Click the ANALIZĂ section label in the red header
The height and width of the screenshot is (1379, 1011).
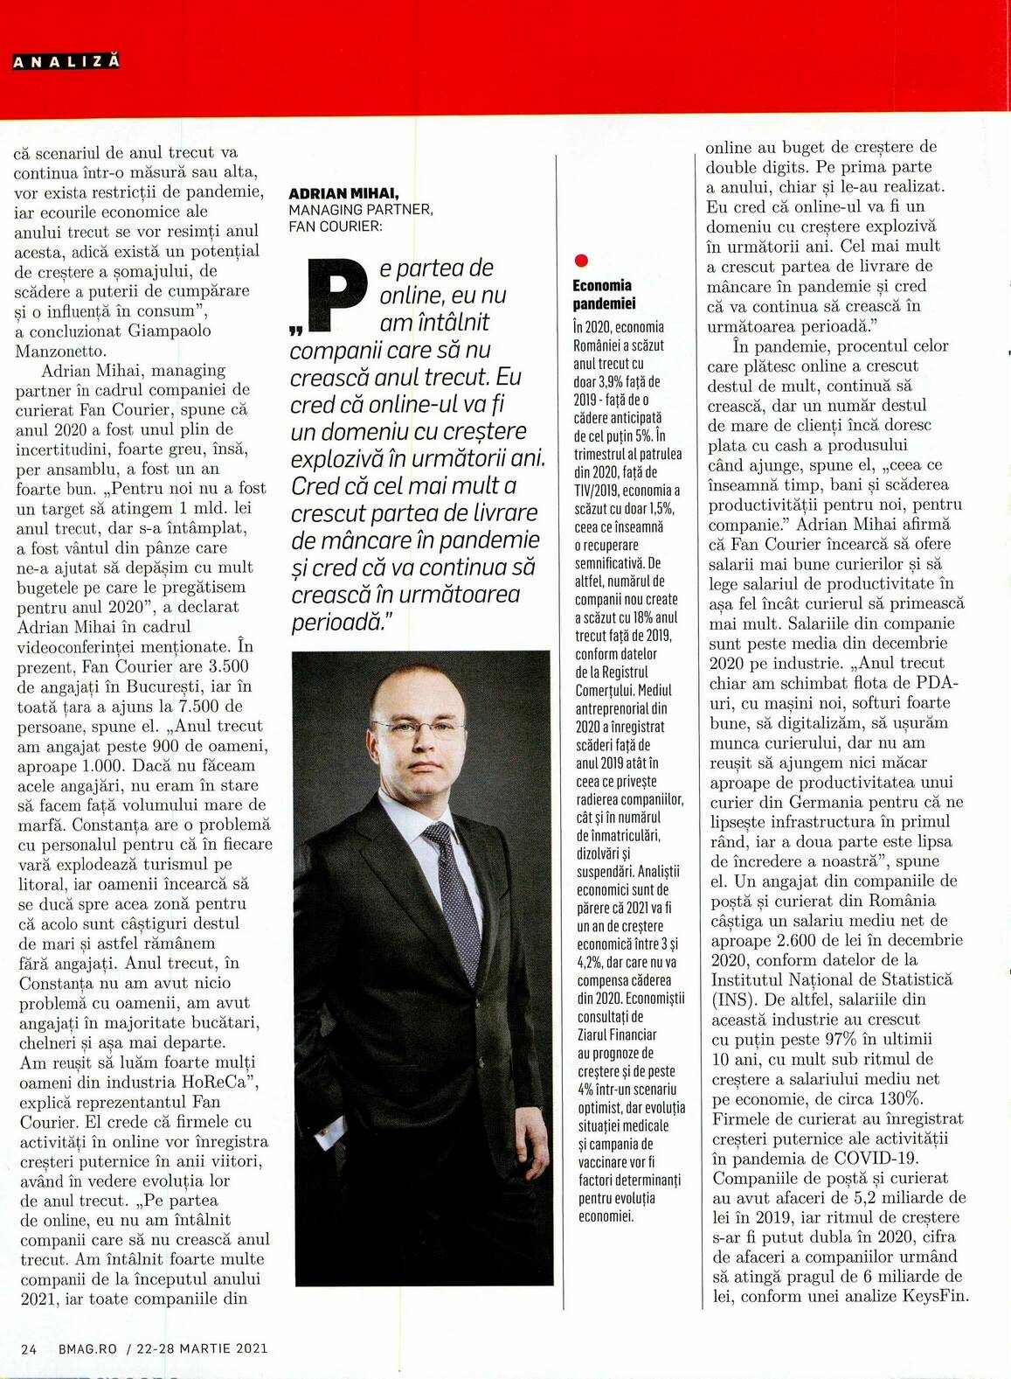tap(66, 61)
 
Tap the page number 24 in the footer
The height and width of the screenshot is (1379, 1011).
tap(29, 1348)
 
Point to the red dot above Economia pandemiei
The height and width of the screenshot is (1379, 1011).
tap(582, 261)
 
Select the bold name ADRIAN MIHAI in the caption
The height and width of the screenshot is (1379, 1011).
tap(343, 193)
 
